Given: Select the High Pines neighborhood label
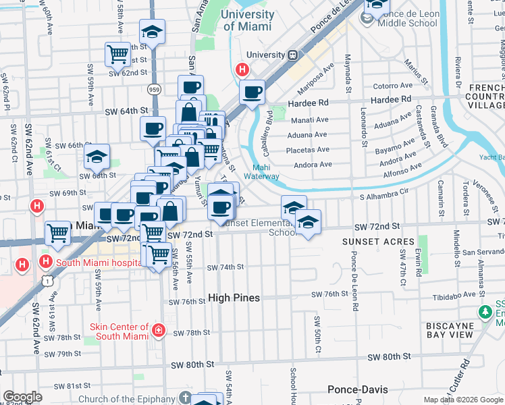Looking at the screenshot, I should (x=234, y=297).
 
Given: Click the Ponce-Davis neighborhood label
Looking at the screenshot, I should (x=355, y=389).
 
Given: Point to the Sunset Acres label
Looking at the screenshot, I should (x=378, y=242).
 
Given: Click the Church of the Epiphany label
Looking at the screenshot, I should (x=125, y=399).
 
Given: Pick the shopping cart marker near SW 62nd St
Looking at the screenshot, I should (x=118, y=53).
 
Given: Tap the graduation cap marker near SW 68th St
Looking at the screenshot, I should (x=97, y=157).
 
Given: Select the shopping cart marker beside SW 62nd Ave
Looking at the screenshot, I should (x=58, y=234).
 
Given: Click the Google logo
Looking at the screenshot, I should (x=22, y=397).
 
